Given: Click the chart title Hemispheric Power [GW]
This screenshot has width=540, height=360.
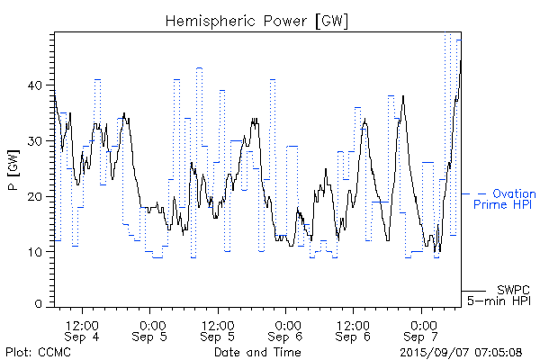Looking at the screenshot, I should [x=257, y=19].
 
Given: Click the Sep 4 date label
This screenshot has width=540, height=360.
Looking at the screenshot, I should [x=82, y=337].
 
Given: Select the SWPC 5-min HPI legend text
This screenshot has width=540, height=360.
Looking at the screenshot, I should [x=500, y=296].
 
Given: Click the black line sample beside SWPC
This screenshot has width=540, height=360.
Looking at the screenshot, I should [x=474, y=291].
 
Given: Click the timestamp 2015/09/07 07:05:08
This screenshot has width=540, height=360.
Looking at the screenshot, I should [x=462, y=352].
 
